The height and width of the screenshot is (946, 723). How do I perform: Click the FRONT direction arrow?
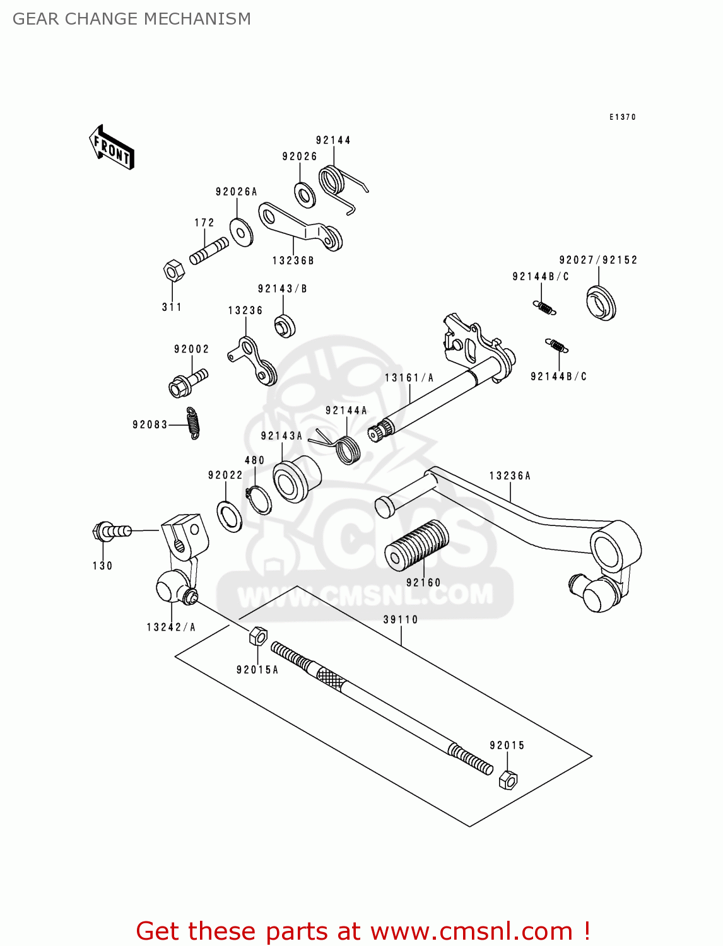coord(112,148)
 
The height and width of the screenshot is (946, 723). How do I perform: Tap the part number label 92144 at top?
coord(333,140)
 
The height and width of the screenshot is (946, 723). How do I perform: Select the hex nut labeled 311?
coord(173,271)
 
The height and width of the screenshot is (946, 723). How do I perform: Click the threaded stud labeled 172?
coord(209,250)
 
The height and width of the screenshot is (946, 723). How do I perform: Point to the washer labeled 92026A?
coord(241,232)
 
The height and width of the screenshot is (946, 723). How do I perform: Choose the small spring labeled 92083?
coord(193,423)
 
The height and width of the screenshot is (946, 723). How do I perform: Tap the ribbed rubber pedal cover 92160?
coord(417,545)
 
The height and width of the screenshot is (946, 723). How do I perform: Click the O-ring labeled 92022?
coord(229,517)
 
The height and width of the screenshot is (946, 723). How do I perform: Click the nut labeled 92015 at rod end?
coord(508,780)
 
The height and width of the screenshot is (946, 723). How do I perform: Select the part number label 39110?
coord(401,619)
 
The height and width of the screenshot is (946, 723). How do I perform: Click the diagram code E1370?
coord(622,117)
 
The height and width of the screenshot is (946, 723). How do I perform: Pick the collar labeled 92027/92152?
coord(601,303)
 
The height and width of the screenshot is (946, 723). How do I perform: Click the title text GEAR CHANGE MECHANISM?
coord(132,19)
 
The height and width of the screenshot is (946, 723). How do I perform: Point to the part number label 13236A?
coord(510,476)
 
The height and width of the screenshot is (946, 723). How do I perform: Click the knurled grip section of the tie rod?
coord(331,679)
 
